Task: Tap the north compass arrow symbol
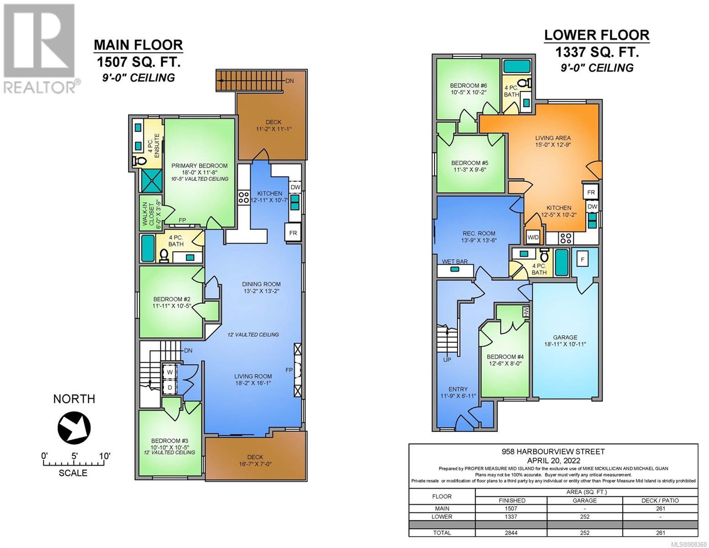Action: [x=74, y=427]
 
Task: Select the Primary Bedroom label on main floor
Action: [x=200, y=165]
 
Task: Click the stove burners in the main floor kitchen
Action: [x=243, y=197]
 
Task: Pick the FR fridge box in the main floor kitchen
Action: [x=293, y=233]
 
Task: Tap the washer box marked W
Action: [x=170, y=372]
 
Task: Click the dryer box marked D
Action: [x=170, y=387]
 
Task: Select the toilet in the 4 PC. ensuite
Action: [x=139, y=161]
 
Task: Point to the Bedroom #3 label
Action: [x=169, y=441]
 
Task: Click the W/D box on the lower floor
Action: [x=533, y=237]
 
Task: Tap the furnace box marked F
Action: [x=582, y=260]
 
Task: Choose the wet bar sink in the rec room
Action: [x=455, y=269]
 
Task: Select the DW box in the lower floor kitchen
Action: [x=592, y=206]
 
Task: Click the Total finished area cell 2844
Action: [x=511, y=532]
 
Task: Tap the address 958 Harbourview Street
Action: [x=553, y=452]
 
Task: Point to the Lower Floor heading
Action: [x=596, y=35]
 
